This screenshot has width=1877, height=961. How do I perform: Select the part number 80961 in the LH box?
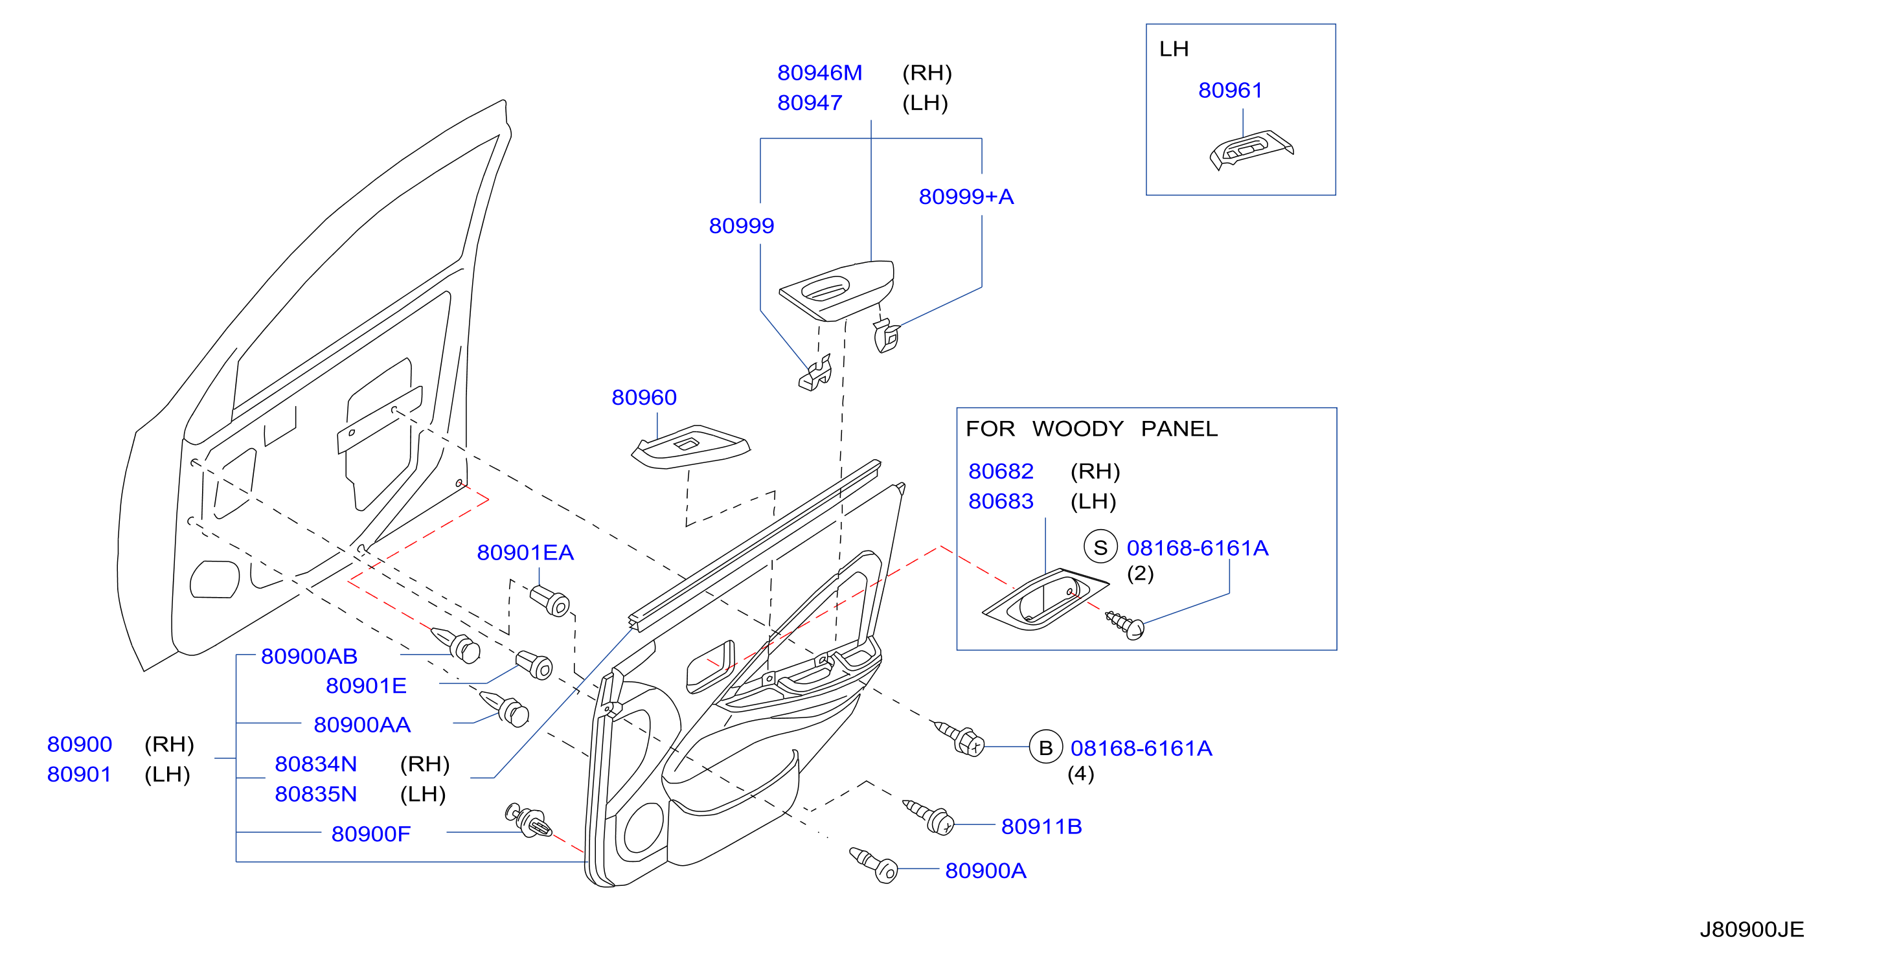point(1230,91)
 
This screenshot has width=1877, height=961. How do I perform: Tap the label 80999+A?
point(966,197)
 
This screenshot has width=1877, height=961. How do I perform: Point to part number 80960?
point(643,397)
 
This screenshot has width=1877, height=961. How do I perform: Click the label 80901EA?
point(525,552)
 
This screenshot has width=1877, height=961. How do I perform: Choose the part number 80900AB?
point(309,657)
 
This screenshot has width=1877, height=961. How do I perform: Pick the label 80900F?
point(371,833)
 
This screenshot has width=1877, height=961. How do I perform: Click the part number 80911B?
point(1041,826)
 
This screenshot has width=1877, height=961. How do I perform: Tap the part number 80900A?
point(985,870)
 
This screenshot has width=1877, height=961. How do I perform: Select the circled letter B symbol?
point(1045,747)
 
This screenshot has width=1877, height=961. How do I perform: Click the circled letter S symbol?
point(1100,547)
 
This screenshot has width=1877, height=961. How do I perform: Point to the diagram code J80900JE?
point(1751,930)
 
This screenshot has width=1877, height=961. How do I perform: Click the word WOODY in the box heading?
point(1078,429)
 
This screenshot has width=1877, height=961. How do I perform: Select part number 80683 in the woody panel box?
point(1001,501)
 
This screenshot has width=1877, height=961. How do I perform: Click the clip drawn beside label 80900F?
point(529,820)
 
